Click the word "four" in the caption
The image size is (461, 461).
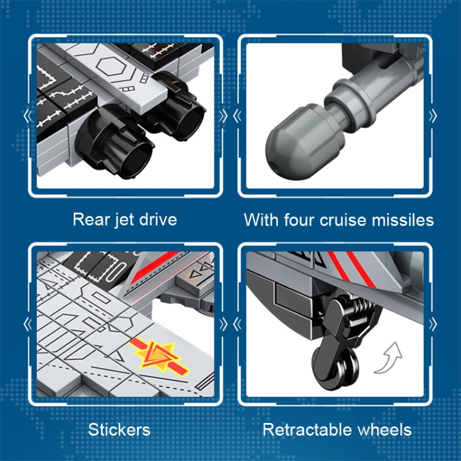pyautogui.click(x=299, y=219)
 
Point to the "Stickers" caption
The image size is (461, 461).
pyautogui.click(x=119, y=430)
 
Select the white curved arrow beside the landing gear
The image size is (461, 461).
pyautogui.click(x=388, y=358)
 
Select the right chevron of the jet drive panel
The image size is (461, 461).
pyautogui.click(x=224, y=116)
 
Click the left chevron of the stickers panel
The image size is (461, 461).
pyautogui.click(x=28, y=325)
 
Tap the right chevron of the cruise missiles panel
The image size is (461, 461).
pyautogui.click(x=433, y=116)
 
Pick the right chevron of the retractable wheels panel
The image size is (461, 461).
pyautogui.click(x=433, y=325)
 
